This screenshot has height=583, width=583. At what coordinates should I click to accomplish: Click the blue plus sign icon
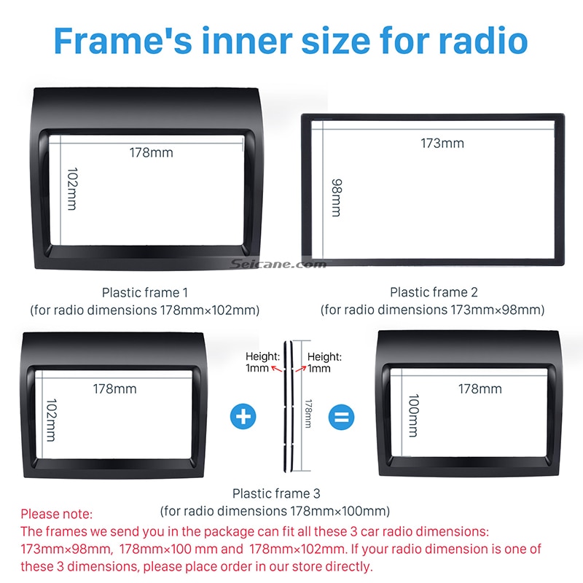(243, 418)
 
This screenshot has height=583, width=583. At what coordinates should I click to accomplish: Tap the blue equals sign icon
(340, 418)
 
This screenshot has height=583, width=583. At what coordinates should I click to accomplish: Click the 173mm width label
(442, 143)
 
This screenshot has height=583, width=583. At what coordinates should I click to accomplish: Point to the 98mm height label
(336, 197)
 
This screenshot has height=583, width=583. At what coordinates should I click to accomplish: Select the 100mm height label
(413, 416)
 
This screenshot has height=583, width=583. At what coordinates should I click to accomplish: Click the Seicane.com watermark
(267, 264)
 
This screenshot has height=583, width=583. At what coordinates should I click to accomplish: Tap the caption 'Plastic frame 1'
(145, 292)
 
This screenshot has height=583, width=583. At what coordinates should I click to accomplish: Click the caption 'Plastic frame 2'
(434, 292)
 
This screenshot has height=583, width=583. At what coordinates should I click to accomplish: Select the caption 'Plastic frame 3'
(276, 493)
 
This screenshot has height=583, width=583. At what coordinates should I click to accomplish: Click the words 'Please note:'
(57, 514)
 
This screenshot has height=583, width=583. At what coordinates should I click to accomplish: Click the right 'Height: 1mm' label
(324, 362)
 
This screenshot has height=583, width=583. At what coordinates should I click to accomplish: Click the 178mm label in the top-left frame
(152, 153)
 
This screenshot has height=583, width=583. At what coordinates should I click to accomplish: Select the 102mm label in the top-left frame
(71, 189)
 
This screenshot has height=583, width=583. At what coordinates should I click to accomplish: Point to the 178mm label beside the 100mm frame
(480, 389)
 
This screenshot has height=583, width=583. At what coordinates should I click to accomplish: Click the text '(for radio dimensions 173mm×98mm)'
(433, 310)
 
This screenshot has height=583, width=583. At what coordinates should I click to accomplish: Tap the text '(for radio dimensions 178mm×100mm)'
(275, 510)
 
